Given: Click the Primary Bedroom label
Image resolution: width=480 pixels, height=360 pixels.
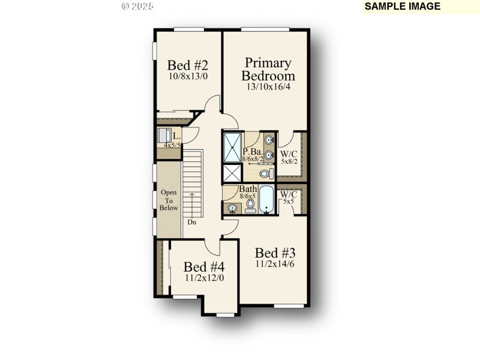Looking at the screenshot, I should coord(268,69).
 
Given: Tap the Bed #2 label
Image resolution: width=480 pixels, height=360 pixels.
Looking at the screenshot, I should coord(188,65).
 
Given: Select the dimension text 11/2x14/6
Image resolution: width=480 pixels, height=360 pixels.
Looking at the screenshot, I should coord(275,263).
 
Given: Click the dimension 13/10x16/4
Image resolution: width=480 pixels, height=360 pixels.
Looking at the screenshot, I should coord(268,86).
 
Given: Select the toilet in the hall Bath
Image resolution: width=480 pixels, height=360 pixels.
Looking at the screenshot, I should coord(250,206).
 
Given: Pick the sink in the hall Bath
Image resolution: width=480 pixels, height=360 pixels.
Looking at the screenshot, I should coord(232,208).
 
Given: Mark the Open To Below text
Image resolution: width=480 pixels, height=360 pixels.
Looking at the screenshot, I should coord(169,200).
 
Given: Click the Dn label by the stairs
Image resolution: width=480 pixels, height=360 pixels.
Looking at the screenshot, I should coord(192,223).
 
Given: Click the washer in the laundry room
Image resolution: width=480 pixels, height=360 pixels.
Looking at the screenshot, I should coord(164,134).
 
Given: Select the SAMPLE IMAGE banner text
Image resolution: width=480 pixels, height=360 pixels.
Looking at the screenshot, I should coord(403,7).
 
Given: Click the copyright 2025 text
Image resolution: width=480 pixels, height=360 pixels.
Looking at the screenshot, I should coord(137,6).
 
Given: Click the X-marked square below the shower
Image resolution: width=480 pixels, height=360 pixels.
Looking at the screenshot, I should coord(232,173).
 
